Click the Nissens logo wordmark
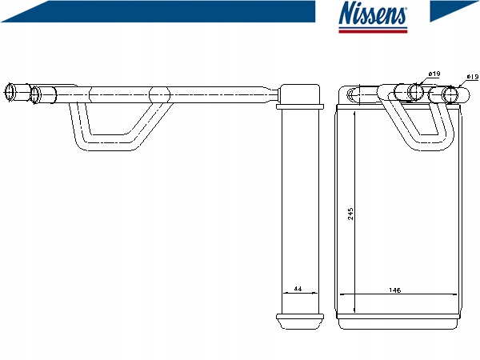coord(373,14)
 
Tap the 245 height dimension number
coord(351,214)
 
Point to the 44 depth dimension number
coord(298,290)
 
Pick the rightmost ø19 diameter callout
coord(472,78)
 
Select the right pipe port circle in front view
coord(450,96)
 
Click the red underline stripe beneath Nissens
coord(373,30)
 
